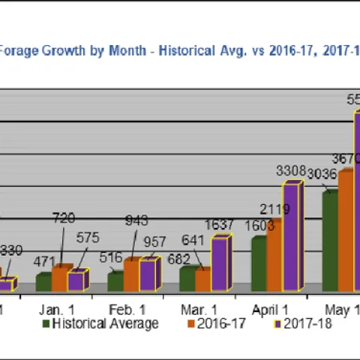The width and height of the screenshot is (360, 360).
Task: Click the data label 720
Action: (64, 218)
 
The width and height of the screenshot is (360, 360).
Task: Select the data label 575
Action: (86, 237)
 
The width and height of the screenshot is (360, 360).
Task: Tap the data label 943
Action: (136, 220)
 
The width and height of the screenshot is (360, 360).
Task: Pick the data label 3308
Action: (290, 171)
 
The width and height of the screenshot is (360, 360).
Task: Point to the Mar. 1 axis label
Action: (199, 309)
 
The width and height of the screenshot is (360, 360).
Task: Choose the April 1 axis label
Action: (271, 309)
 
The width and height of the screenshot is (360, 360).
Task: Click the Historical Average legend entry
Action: (104, 324)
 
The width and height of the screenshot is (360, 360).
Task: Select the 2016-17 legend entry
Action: (218, 324)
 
